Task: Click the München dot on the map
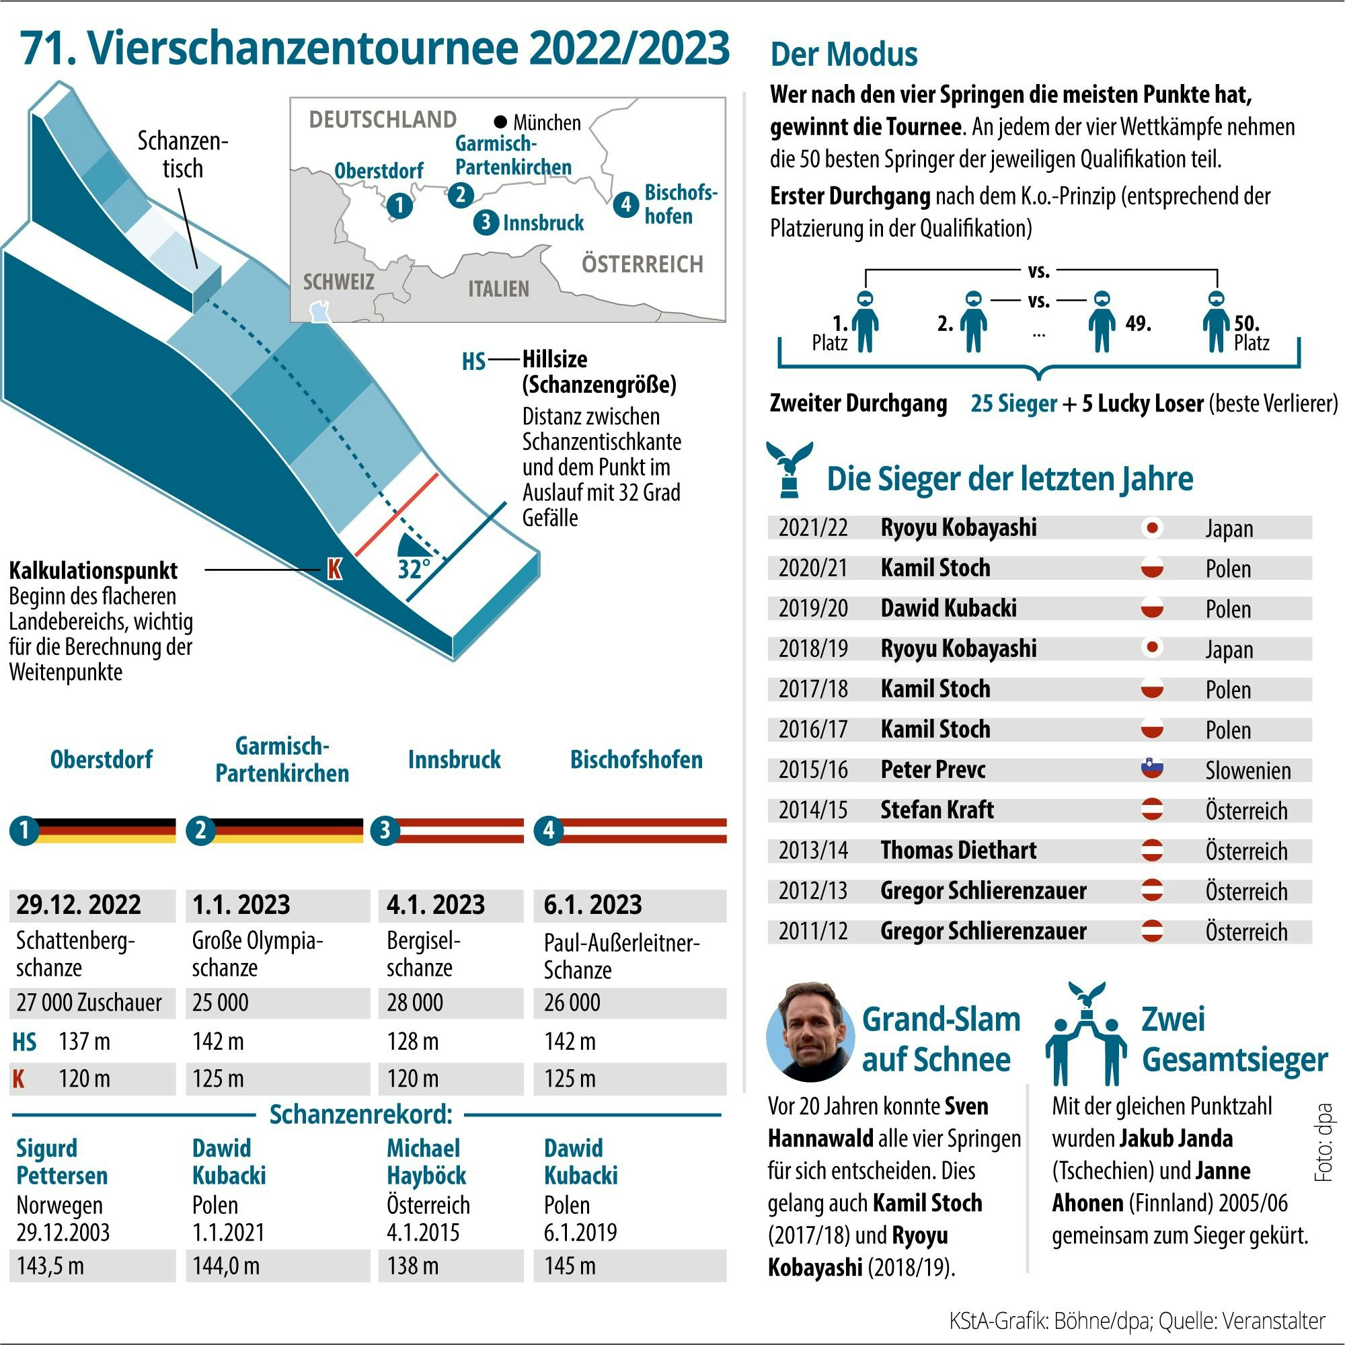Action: point(500,122)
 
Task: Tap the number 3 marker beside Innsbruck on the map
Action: point(486,222)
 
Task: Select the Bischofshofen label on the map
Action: point(679,204)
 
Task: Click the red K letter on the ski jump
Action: point(334,569)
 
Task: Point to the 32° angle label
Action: point(414,569)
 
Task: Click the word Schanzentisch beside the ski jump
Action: point(182,155)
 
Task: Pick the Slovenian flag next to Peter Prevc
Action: point(1152,769)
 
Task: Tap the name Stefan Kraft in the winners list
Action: point(936,810)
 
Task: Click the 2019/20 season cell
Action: point(812,609)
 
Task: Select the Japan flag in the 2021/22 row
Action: point(1152,528)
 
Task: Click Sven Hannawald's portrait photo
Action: point(810,1032)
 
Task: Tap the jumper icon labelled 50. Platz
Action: point(1215,321)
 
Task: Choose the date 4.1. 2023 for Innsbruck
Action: point(436,905)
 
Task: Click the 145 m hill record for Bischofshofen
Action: point(570,1265)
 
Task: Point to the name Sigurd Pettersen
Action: point(62,1161)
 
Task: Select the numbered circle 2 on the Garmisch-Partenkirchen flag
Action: point(200,830)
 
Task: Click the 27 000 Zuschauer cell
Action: point(89,1003)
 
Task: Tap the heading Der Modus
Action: point(844,54)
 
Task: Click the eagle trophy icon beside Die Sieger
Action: point(789,469)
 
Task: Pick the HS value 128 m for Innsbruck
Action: point(413,1042)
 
